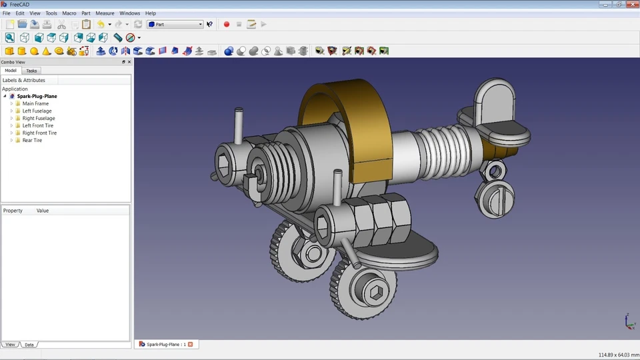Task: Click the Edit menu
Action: (20, 13)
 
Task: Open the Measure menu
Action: (105, 13)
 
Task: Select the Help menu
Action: (150, 13)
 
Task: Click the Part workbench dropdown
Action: (175, 24)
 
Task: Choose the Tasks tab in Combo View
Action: (31, 71)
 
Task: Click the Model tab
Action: (11, 71)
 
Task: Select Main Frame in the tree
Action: (35, 104)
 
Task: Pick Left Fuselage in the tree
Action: (37, 111)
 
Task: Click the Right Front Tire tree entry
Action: (39, 133)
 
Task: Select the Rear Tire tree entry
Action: (32, 141)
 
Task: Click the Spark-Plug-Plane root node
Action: (37, 97)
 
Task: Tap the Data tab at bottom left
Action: (29, 345)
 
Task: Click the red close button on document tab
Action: (190, 345)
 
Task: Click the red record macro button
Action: (227, 24)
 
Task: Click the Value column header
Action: (43, 211)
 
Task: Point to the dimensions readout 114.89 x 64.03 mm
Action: (615, 355)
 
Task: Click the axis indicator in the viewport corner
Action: (629, 321)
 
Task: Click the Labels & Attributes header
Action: (24, 81)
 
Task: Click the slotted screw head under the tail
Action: (491, 199)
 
